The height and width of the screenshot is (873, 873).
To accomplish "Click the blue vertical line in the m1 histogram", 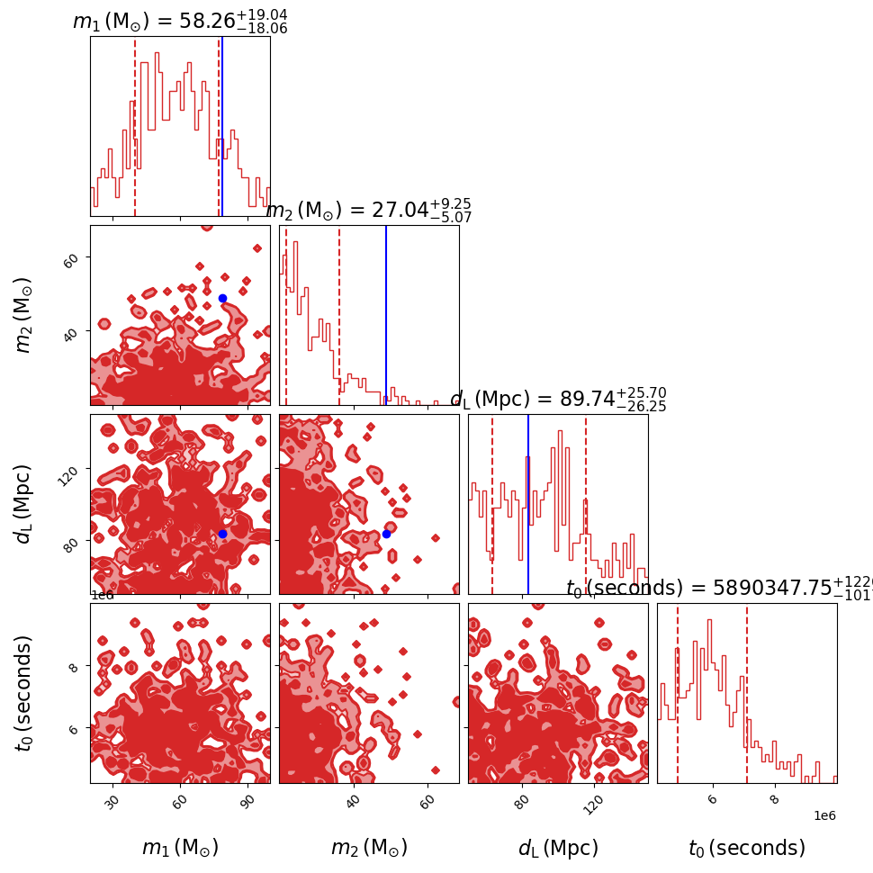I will pos(222,126).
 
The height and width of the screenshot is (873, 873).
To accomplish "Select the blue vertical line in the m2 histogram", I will pos(386,315).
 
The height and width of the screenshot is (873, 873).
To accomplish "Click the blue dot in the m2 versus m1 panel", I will pos(222,298).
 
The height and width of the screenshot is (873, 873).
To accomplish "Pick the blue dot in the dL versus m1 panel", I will pos(222,534).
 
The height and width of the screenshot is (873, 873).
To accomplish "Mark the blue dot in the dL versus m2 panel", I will pos(386,534).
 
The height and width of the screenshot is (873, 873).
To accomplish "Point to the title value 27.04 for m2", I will pos(403,211).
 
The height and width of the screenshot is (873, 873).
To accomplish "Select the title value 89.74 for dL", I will pos(588,400).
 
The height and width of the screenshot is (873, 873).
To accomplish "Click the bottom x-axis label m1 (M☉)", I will pos(180,848).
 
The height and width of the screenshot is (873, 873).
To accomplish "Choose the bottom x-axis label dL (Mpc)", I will pos(558,848).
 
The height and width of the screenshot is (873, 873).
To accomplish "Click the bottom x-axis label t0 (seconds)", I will pos(747,848).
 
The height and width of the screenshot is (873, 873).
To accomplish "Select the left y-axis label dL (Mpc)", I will pos(24,504).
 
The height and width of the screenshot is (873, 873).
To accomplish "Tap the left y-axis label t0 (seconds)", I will pos(24,693).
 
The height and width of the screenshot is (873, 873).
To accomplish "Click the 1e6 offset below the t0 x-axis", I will pos(824,815).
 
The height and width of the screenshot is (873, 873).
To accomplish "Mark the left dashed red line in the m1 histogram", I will pos(135,126).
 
